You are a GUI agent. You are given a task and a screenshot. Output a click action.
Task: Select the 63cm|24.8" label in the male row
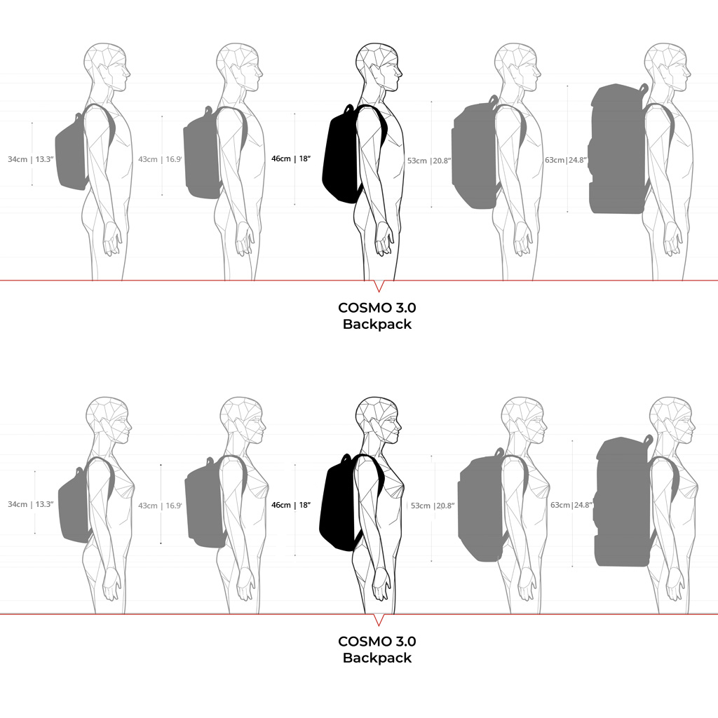coord(566,160)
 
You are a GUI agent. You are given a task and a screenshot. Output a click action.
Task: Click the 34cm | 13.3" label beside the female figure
coord(31,504)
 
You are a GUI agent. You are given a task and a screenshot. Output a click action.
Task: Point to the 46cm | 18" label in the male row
coord(291,158)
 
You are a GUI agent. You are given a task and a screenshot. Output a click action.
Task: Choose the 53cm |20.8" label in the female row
coord(432,506)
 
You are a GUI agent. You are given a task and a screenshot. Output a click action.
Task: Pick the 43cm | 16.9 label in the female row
coord(160,506)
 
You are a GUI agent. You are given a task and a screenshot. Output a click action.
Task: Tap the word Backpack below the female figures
coord(377,658)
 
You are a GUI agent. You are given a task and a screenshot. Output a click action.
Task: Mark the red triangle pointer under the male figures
coord(379,286)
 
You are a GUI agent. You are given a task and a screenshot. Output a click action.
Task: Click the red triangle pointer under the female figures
coord(379,620)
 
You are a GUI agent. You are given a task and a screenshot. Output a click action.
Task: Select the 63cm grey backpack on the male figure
coord(618,149)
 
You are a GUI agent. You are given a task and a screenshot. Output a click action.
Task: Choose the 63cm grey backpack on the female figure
coord(623,501)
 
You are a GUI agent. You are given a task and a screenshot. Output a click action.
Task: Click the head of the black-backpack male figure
coord(379,67)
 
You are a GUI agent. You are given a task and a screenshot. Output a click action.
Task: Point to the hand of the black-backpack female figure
coord(383,583)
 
